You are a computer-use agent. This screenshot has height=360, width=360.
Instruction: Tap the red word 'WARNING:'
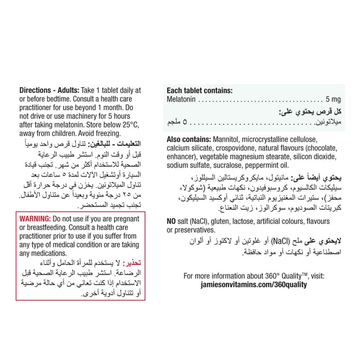click(x=34, y=218)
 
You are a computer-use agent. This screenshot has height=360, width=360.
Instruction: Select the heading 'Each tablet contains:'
click(x=200, y=90)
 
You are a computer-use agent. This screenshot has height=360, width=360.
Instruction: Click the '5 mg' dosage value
click(x=332, y=99)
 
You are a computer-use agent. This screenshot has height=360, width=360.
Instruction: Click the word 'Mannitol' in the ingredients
click(x=227, y=139)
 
